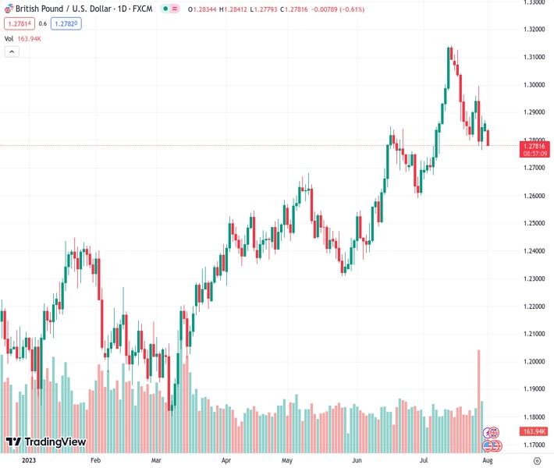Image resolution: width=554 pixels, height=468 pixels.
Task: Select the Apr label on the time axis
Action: (226, 461)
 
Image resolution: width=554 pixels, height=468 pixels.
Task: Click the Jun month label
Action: (356, 461)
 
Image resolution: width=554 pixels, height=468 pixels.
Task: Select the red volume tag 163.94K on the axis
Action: (535, 431)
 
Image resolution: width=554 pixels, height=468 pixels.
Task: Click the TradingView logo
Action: (45, 442)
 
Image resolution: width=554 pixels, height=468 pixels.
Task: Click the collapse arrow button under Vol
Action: (12, 51)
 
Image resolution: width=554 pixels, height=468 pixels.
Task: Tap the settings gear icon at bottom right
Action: (537, 461)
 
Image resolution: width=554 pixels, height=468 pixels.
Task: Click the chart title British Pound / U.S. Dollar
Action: (62, 9)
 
